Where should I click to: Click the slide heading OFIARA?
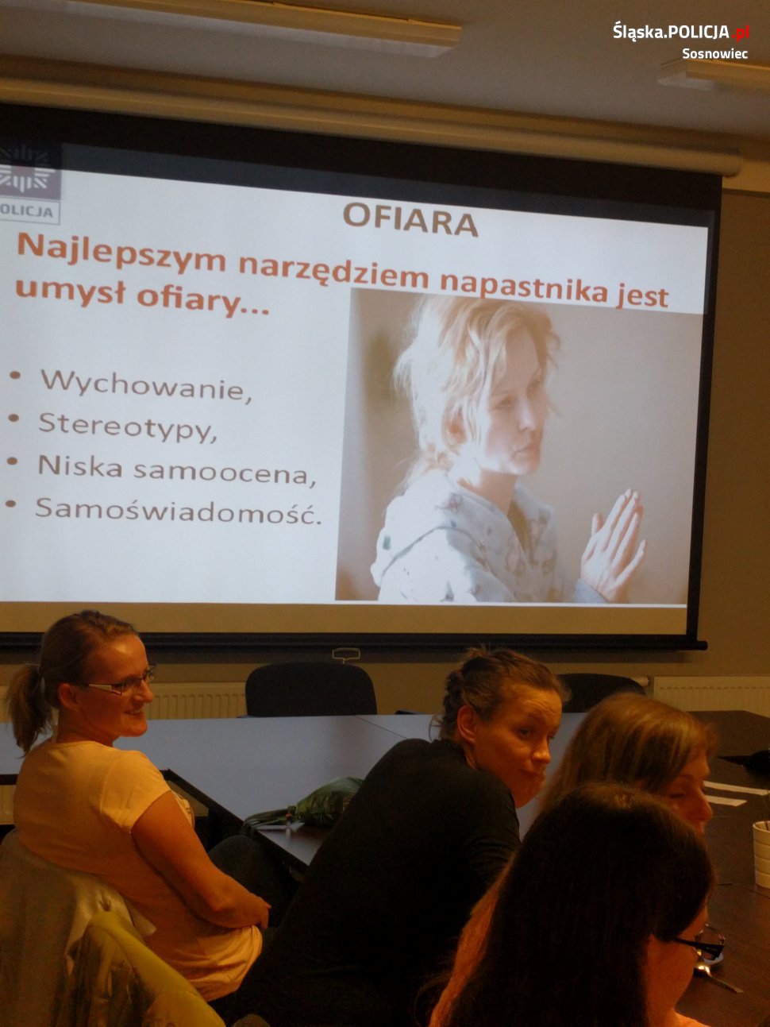click(x=410, y=220)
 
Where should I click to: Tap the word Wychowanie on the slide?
click(x=145, y=385)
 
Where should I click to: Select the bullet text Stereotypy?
click(x=127, y=427)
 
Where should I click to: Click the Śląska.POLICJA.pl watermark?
click(x=681, y=32)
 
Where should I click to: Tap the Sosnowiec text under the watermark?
click(x=714, y=54)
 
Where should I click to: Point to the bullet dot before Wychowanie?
click(x=15, y=375)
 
